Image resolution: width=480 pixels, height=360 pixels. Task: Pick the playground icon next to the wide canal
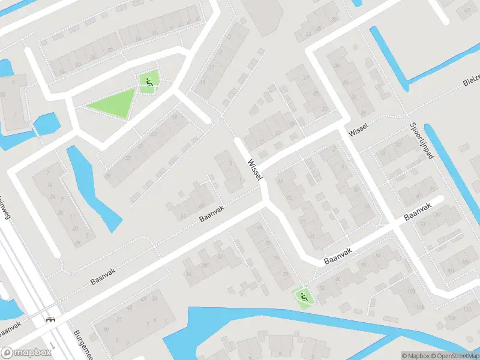tap(304, 296)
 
